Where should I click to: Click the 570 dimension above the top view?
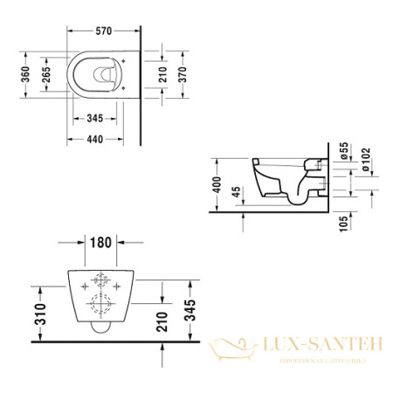pyautogui.click(x=102, y=31)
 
